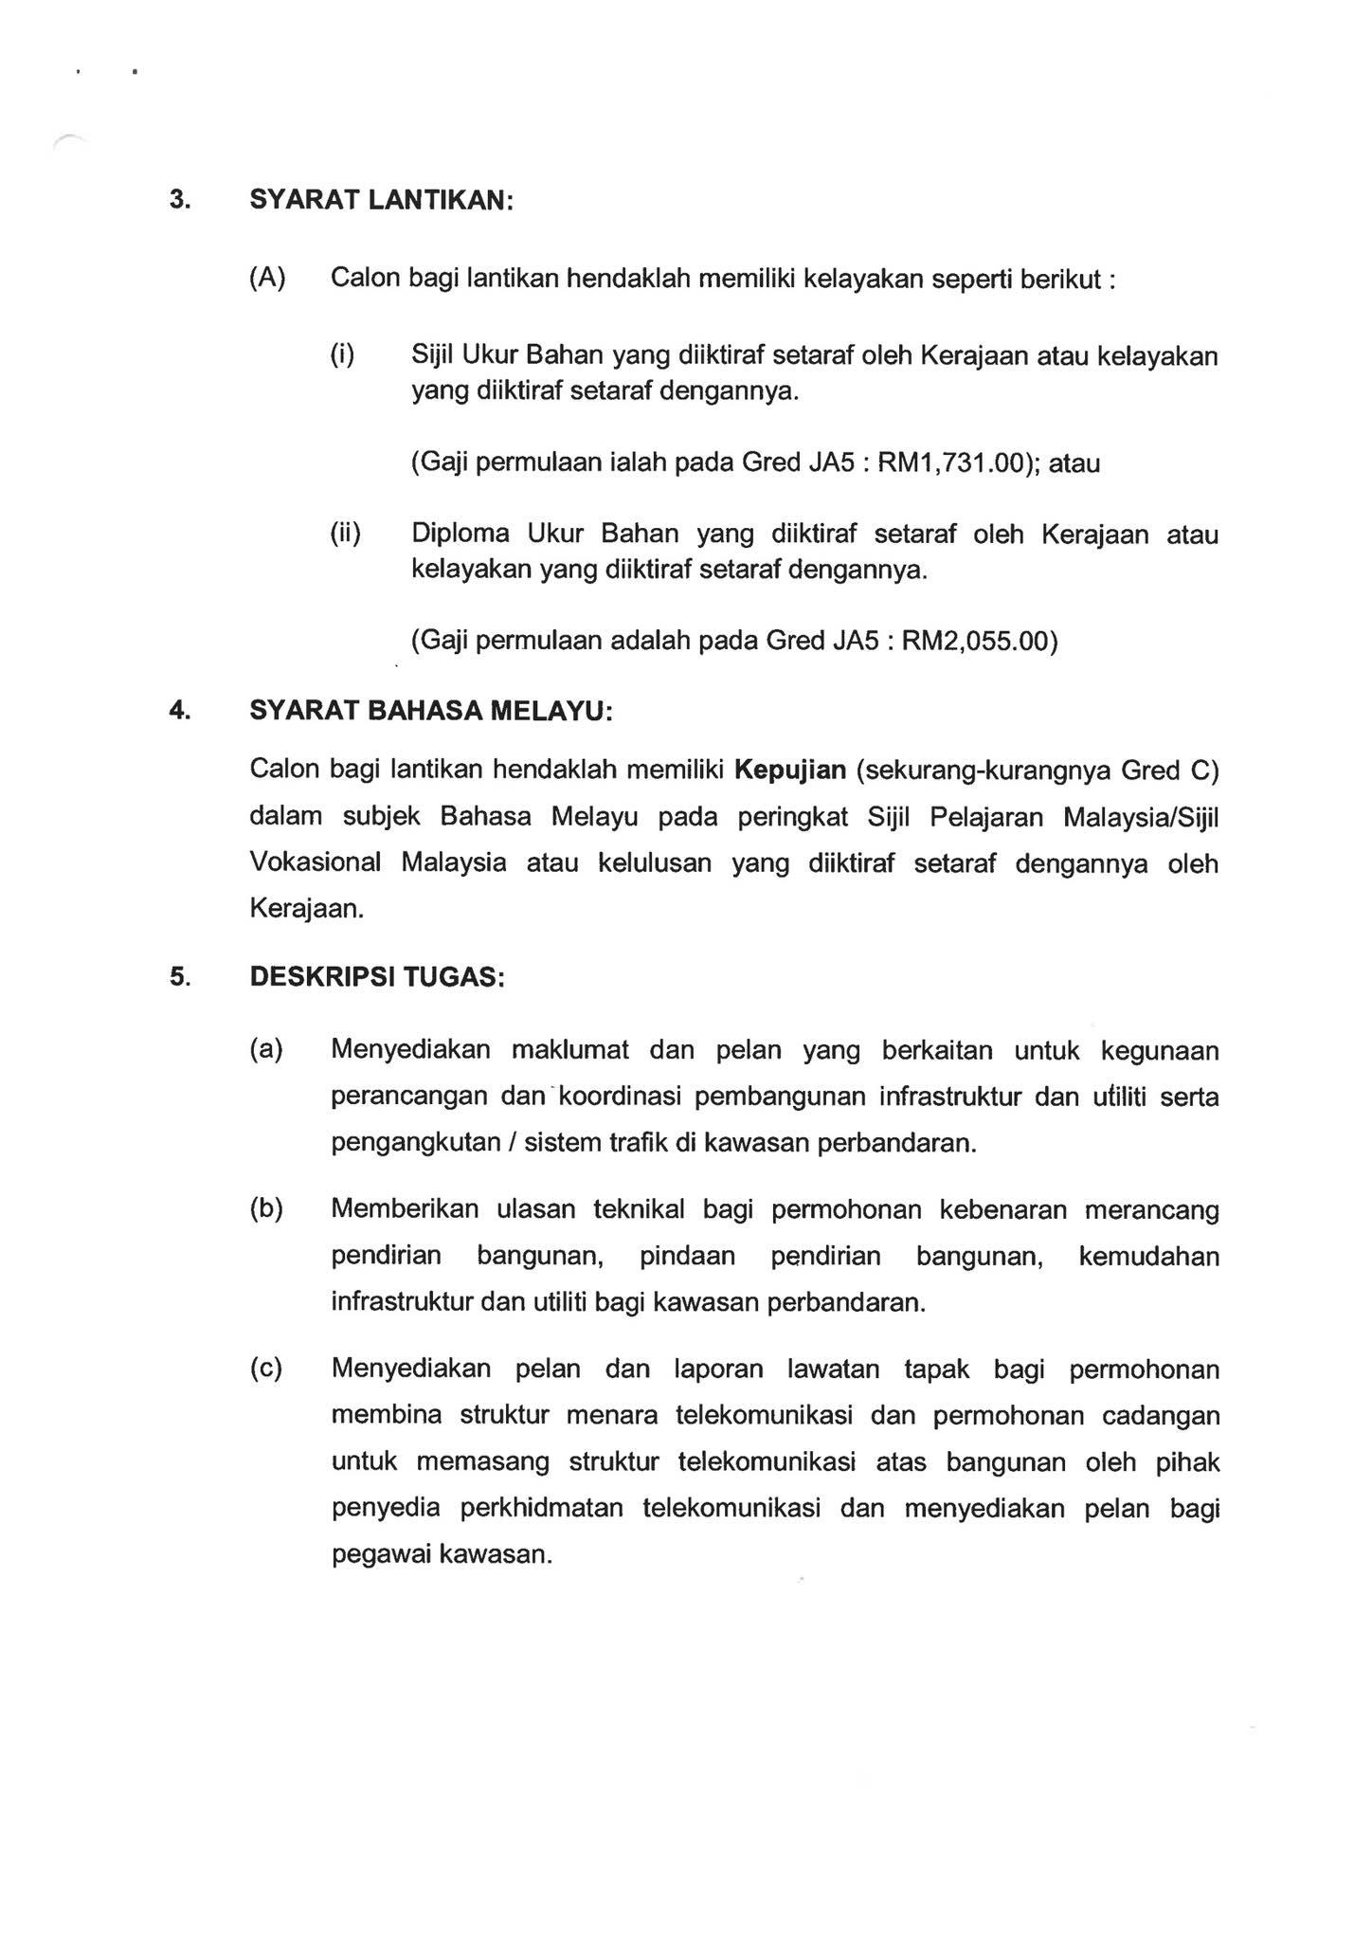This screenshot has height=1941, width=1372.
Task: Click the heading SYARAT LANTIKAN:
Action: [381, 201]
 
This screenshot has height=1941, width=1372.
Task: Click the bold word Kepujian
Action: [789, 770]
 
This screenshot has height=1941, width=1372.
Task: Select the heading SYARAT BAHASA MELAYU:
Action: [431, 711]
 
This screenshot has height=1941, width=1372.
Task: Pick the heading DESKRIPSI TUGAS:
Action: [377, 977]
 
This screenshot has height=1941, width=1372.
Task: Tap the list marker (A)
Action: [267, 278]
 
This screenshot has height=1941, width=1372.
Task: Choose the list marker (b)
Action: [266, 1210]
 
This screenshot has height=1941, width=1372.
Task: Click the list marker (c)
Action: [266, 1370]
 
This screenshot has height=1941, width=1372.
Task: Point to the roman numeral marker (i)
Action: [342, 355]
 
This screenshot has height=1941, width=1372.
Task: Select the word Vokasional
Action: [316, 863]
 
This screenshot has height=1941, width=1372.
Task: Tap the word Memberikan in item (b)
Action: [405, 1210]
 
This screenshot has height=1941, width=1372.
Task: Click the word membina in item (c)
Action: [387, 1416]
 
